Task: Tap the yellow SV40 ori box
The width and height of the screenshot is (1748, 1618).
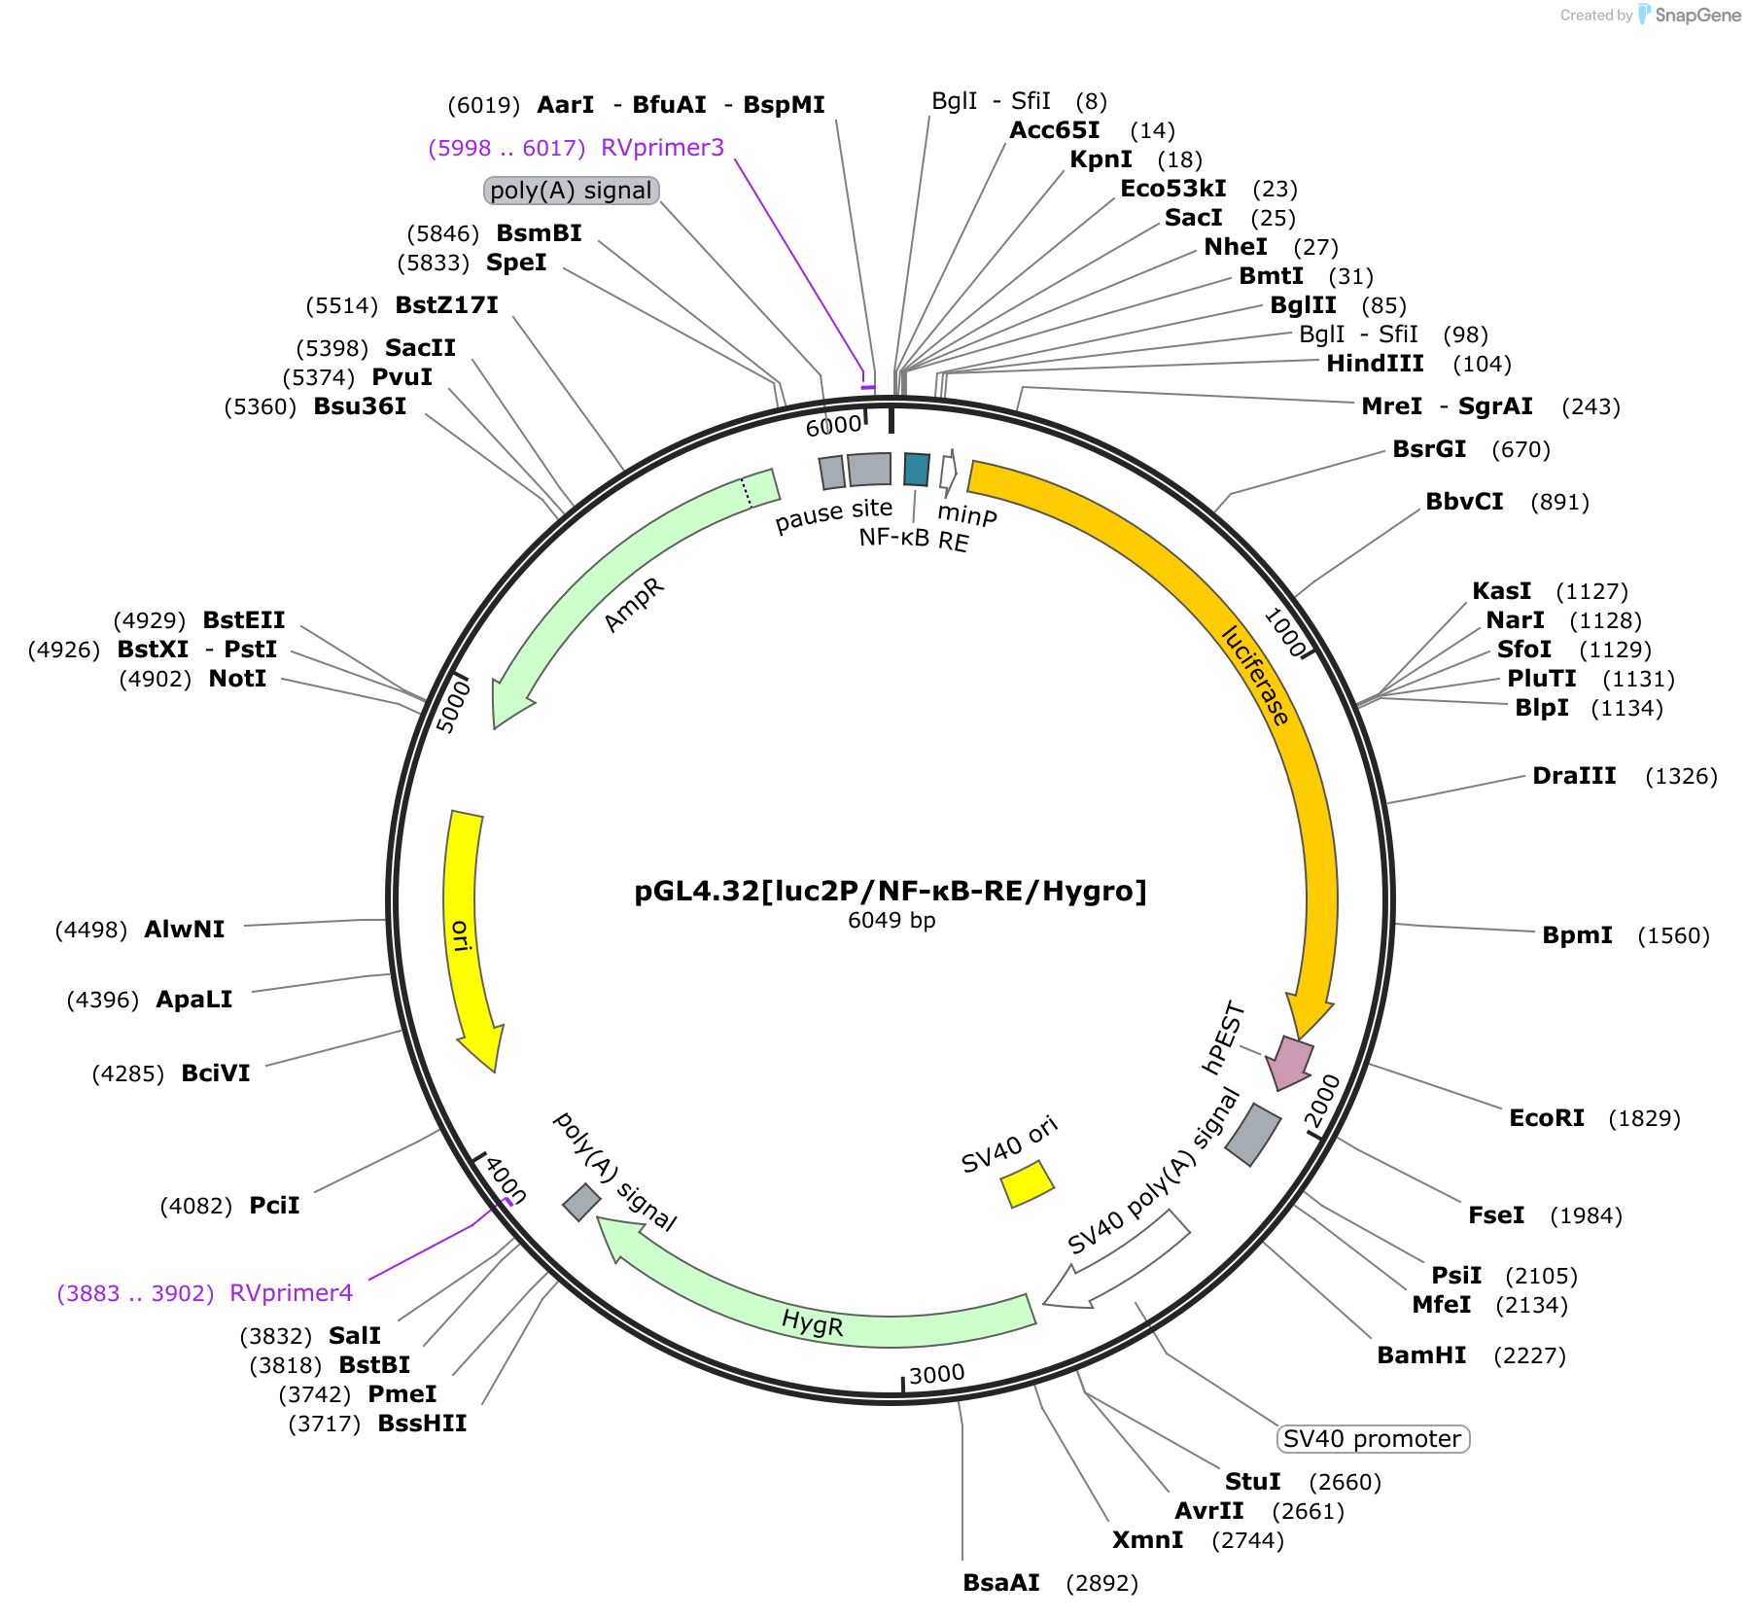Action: [x=1028, y=1183]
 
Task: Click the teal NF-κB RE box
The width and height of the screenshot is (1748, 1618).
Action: [x=917, y=469]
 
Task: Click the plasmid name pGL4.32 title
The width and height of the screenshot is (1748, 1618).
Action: [x=891, y=891]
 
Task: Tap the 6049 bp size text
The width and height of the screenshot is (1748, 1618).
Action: [x=891, y=921]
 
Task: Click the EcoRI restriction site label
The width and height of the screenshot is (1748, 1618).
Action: [x=1546, y=1118]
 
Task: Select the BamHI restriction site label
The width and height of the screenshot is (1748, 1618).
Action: [x=1421, y=1355]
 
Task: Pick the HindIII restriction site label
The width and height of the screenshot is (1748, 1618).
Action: [x=1375, y=364]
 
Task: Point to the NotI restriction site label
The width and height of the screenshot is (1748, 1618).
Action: [x=237, y=679]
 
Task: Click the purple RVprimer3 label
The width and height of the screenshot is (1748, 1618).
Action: [x=663, y=148]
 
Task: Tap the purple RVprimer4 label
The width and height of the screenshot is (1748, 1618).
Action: [x=292, y=1293]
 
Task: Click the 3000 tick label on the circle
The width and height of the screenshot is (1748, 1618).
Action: [x=937, y=1374]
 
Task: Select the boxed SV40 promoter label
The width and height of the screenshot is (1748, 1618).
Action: [x=1373, y=1439]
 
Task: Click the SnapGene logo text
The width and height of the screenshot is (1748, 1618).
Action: [x=1698, y=15]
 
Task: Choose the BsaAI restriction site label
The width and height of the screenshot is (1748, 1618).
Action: [x=1001, y=1583]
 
